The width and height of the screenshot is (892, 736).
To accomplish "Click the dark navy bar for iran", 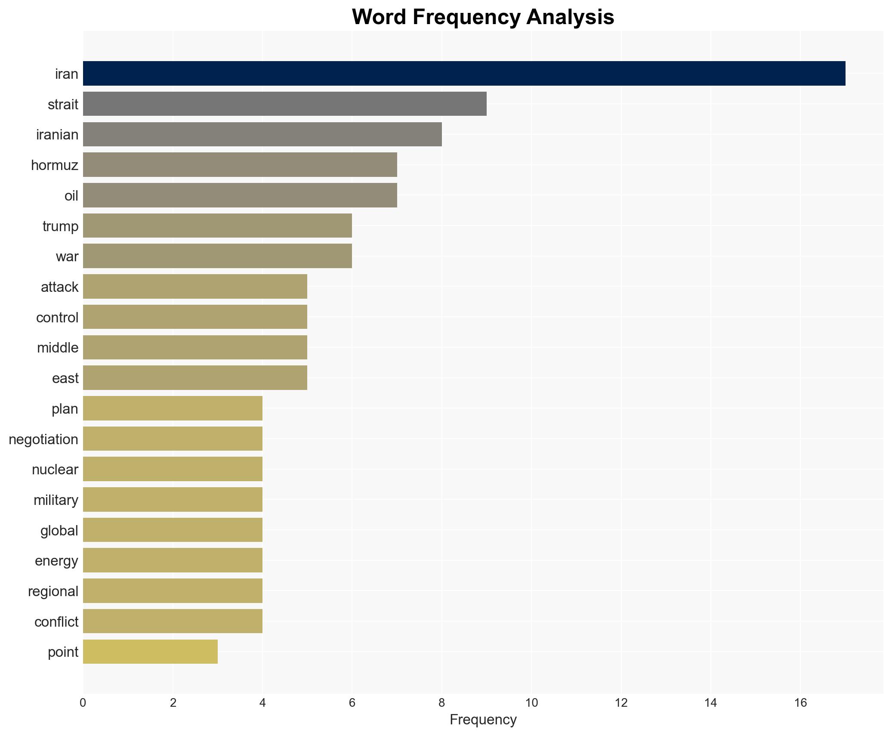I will pyautogui.click(x=464, y=73).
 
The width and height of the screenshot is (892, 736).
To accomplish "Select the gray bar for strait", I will pyautogui.click(x=284, y=104).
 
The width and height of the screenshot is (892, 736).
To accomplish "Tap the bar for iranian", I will pyautogui.click(x=262, y=134).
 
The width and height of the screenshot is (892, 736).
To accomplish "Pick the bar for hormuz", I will pyautogui.click(x=240, y=165).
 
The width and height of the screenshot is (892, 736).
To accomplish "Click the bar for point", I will pyautogui.click(x=150, y=652).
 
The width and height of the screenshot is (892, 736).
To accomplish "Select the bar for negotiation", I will pyautogui.click(x=173, y=439).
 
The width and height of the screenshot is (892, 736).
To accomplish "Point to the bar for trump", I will pyautogui.click(x=217, y=226).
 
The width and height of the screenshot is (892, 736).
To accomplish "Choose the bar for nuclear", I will pyautogui.click(x=173, y=469).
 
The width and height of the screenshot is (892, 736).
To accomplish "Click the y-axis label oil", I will pyautogui.click(x=71, y=196).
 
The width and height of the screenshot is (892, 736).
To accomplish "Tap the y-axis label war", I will pyautogui.click(x=67, y=257).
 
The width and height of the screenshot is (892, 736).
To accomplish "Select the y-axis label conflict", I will pyautogui.click(x=56, y=622).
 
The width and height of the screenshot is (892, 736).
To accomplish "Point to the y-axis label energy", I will pyautogui.click(x=56, y=561).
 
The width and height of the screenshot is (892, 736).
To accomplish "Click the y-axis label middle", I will pyautogui.click(x=57, y=348).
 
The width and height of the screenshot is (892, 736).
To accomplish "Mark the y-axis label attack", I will pyautogui.click(x=59, y=287).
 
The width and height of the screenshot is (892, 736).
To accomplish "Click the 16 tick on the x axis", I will pyautogui.click(x=800, y=703).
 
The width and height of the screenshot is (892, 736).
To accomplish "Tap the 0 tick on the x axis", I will pyautogui.click(x=83, y=703).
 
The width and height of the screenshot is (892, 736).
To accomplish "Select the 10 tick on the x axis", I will pyautogui.click(x=531, y=703).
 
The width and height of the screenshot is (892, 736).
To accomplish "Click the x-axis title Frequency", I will pyautogui.click(x=483, y=720).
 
